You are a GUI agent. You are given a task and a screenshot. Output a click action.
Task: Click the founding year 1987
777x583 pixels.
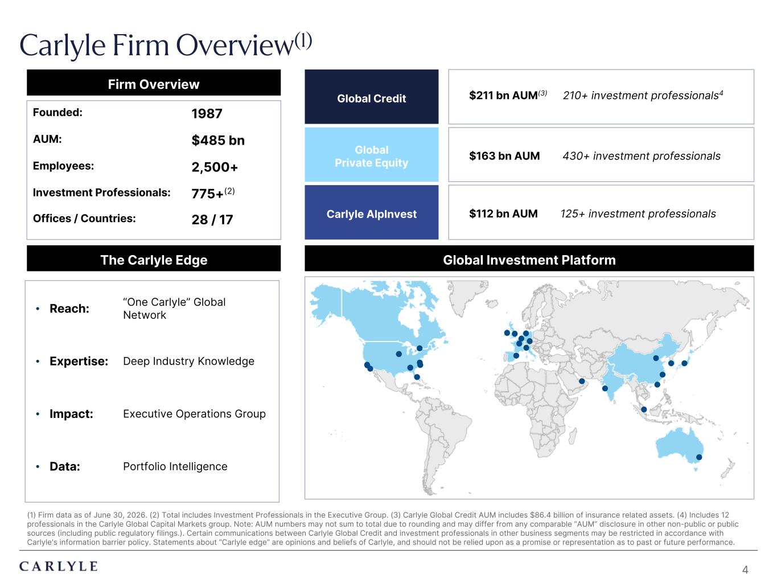(x=207, y=114)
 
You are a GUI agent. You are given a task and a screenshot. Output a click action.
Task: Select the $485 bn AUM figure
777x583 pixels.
(x=218, y=140)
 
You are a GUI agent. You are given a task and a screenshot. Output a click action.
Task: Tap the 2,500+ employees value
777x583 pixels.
(x=215, y=167)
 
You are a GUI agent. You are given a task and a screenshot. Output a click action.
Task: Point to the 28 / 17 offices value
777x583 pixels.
(x=212, y=220)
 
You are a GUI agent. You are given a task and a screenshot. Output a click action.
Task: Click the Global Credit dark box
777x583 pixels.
(x=371, y=97)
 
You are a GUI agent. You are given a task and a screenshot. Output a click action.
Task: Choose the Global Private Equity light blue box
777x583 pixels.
(x=371, y=155)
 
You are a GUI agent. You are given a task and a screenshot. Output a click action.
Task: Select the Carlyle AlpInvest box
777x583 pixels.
(x=371, y=212)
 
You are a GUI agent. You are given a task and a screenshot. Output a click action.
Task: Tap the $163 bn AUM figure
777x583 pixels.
(x=504, y=156)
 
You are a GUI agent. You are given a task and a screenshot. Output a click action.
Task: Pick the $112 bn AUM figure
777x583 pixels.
(x=503, y=214)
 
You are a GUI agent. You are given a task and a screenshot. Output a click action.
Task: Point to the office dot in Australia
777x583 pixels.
(x=699, y=457)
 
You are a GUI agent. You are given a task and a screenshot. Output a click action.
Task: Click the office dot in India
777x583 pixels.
(x=605, y=388)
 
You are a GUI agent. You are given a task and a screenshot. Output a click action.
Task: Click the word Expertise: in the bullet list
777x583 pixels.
(x=79, y=361)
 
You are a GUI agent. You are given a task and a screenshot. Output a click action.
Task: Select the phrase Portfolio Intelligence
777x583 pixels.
(x=175, y=466)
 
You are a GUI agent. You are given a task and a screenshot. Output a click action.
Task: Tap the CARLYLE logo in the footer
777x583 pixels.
(x=59, y=566)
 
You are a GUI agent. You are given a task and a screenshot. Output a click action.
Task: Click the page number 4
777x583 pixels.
(x=745, y=569)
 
